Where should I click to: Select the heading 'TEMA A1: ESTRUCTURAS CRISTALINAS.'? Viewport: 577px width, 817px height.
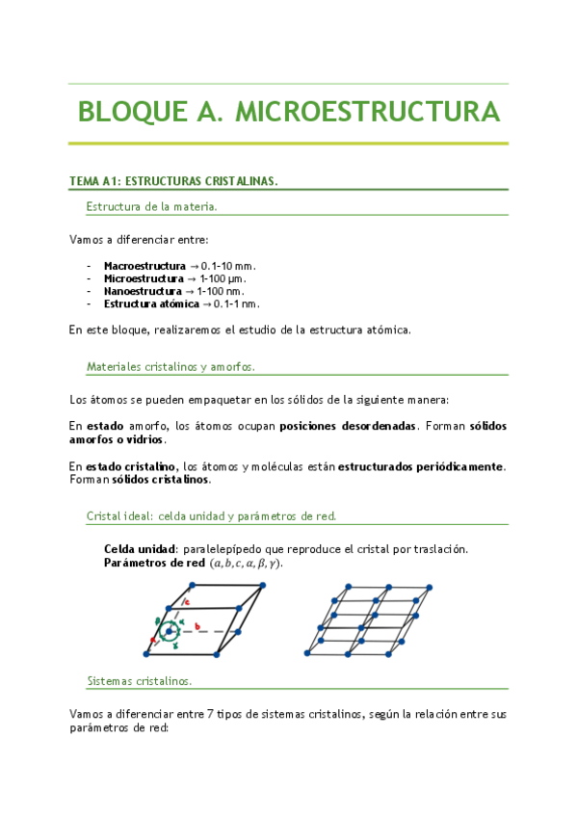click(x=173, y=181)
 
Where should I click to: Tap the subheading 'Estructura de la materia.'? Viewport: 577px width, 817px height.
click(x=151, y=206)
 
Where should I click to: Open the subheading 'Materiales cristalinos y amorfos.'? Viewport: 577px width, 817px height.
click(x=170, y=367)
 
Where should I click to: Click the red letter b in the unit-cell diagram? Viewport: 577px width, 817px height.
click(x=197, y=625)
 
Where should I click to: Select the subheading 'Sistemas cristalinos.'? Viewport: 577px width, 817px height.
click(x=140, y=679)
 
